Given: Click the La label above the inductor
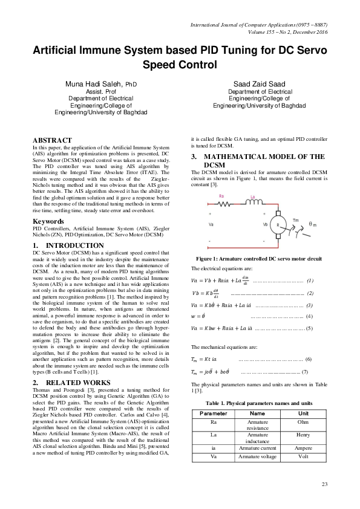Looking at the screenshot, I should tap(254, 196).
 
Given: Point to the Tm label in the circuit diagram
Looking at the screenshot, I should tap(295, 219).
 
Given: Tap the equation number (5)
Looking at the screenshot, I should tap(309, 328).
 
